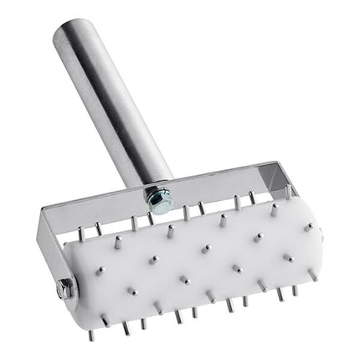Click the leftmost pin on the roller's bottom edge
[91, 334]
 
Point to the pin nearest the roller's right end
[307, 227]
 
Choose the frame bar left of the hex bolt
[100, 209]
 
